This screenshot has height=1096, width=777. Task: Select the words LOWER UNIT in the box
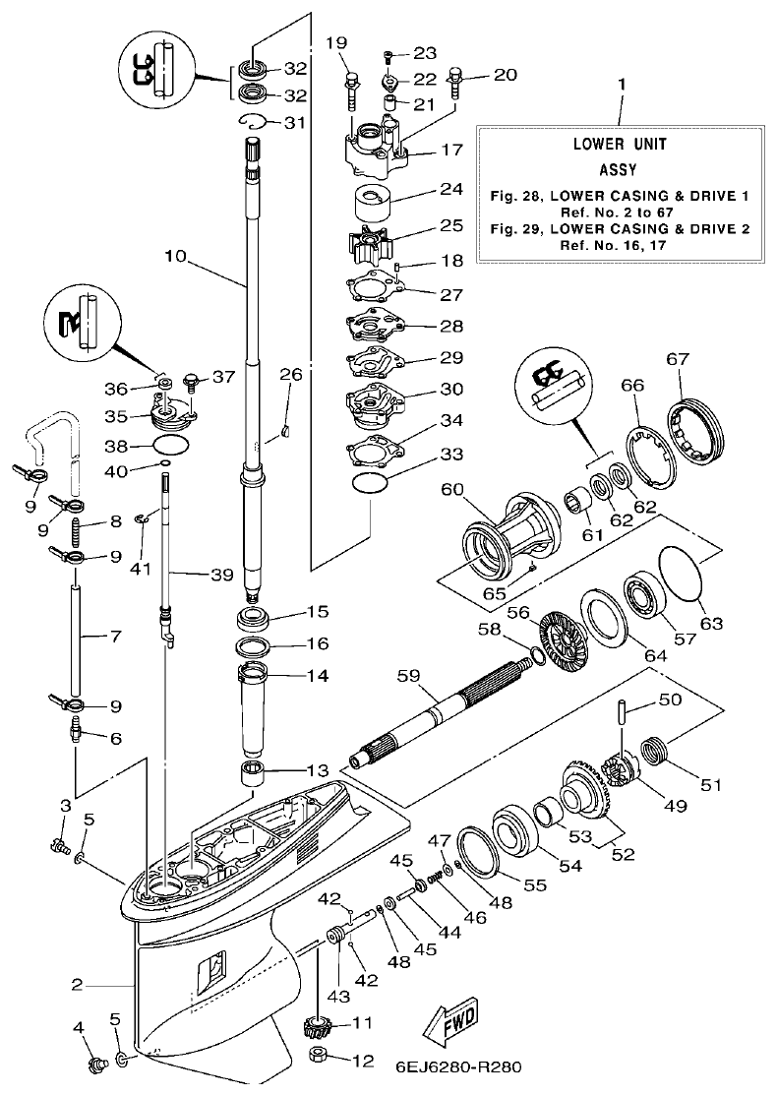[619, 144]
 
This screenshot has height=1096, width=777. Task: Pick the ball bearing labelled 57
[645, 596]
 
